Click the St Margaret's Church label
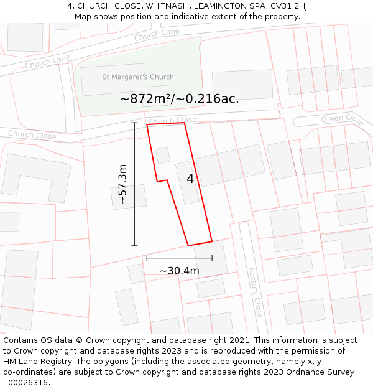(x=138, y=77)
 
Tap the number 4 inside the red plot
(x=190, y=179)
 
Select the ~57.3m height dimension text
(x=122, y=184)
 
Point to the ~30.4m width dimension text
(x=180, y=271)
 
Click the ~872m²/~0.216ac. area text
(x=180, y=98)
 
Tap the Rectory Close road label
(x=255, y=292)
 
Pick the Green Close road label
(x=342, y=118)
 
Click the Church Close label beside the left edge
(x=32, y=134)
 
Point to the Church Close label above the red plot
(x=172, y=121)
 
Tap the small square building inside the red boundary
(x=163, y=155)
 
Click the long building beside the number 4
(x=187, y=182)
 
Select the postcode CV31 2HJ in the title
(x=288, y=6)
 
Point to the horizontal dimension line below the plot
(x=179, y=258)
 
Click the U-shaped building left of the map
(x=36, y=177)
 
